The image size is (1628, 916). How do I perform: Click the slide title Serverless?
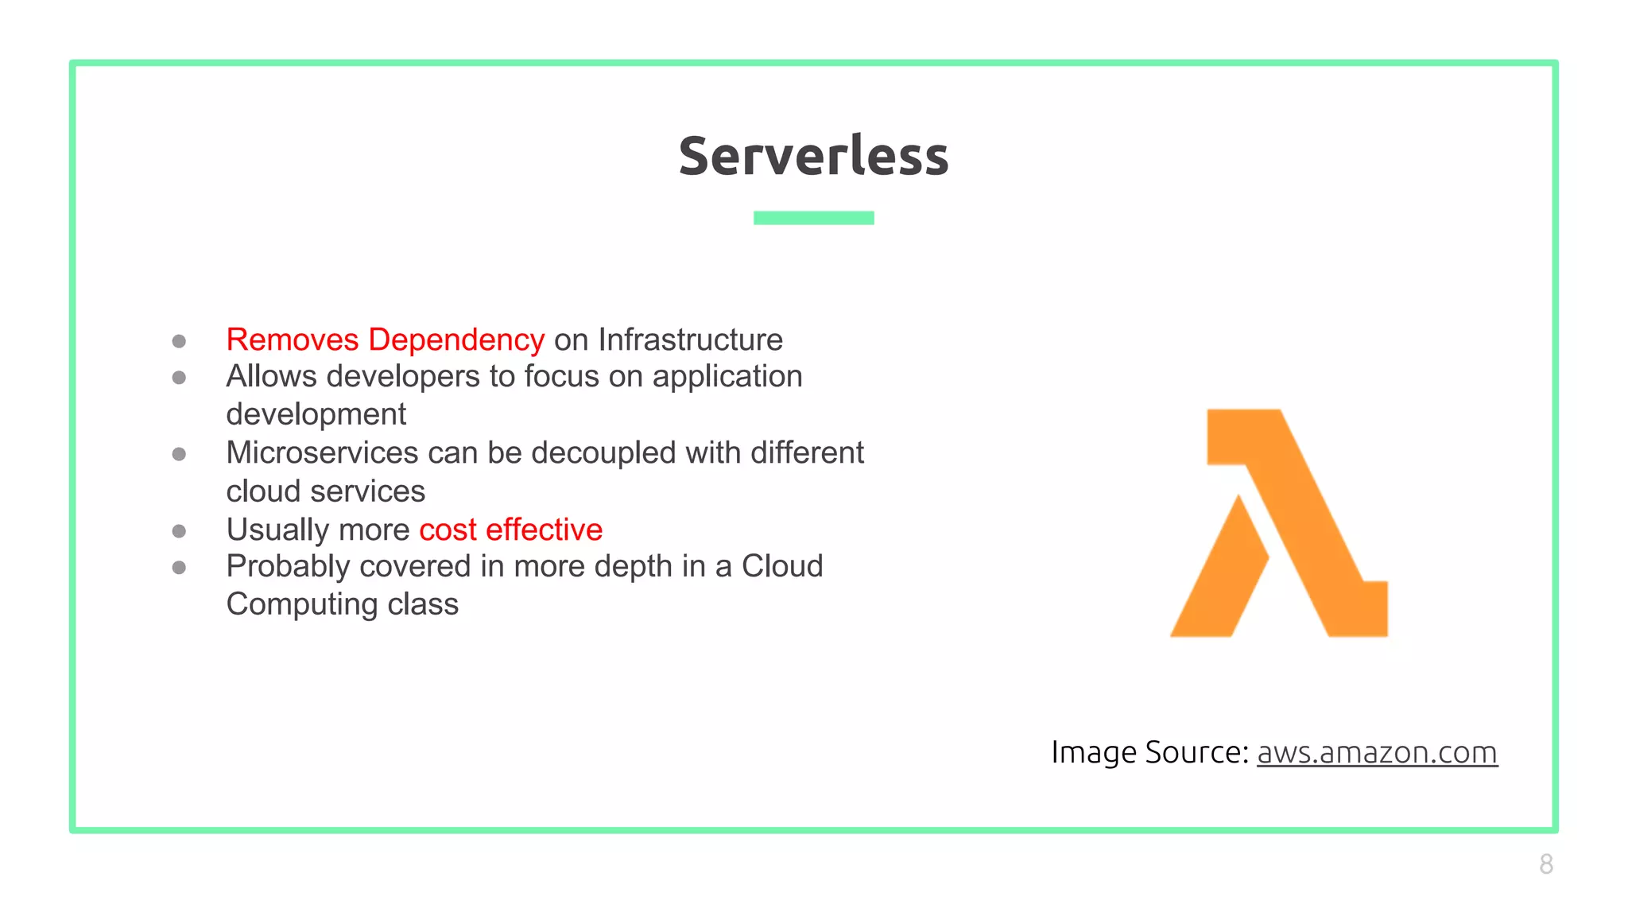pyautogui.click(x=813, y=156)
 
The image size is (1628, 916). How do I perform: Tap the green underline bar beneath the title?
pyautogui.click(x=813, y=218)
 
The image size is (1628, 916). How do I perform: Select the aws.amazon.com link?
pyautogui.click(x=1377, y=752)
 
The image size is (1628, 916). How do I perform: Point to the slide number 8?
pyautogui.click(x=1546, y=864)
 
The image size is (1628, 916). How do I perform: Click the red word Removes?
pyautogui.click(x=293, y=340)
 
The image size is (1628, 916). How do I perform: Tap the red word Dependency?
pyautogui.click(x=456, y=340)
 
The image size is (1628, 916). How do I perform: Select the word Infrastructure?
pyautogui.click(x=690, y=340)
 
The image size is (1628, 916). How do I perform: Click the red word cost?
pyautogui.click(x=448, y=530)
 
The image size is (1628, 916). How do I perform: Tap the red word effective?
pyautogui.click(x=545, y=530)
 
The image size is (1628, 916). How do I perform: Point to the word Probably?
pyautogui.click(x=288, y=567)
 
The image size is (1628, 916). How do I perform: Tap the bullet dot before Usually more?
pyautogui.click(x=179, y=530)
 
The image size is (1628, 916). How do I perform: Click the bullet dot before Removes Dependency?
pyautogui.click(x=179, y=341)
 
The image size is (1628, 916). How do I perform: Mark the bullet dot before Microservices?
pyautogui.click(x=179, y=454)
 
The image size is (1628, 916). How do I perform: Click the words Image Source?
pyautogui.click(x=1149, y=752)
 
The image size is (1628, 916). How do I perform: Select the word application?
pyautogui.click(x=727, y=377)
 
